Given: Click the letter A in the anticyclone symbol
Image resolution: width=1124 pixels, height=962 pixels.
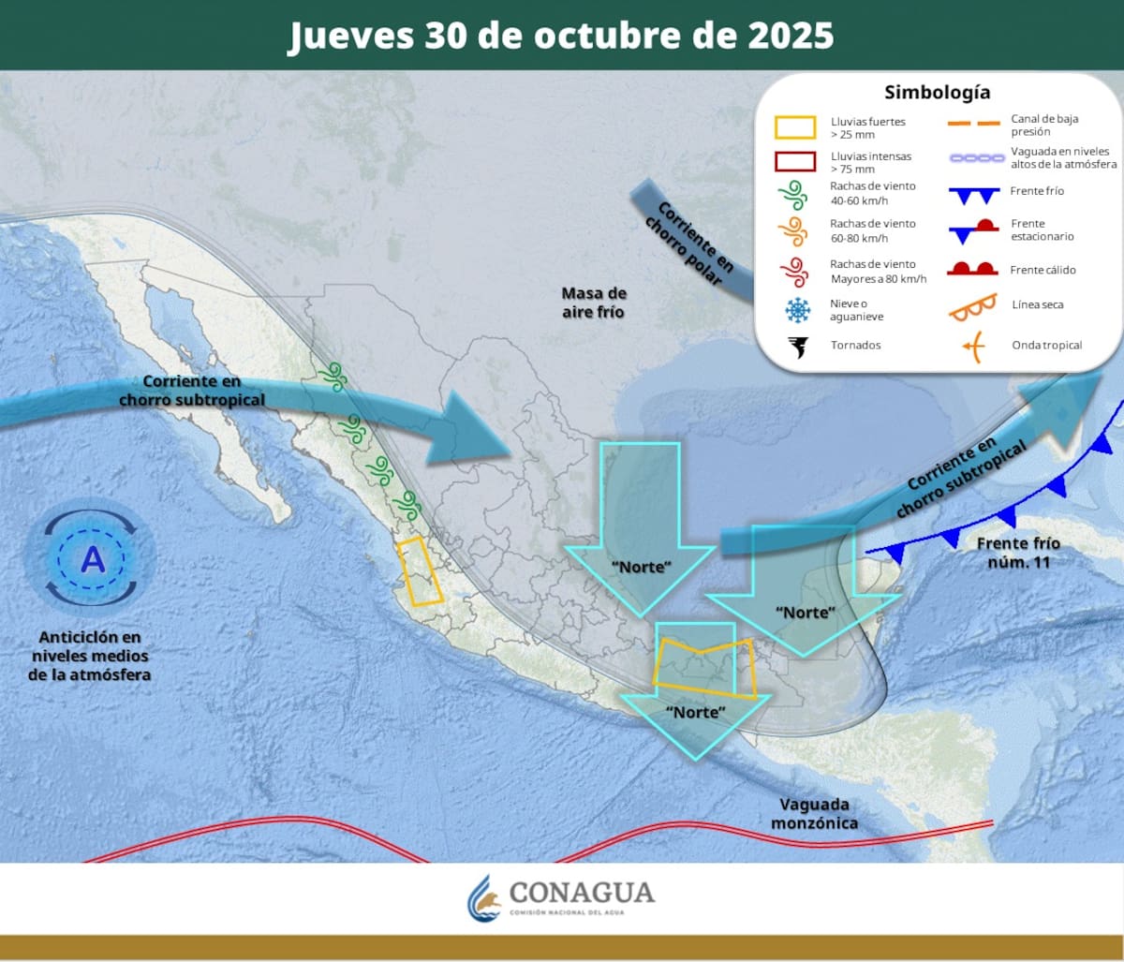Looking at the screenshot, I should click(x=92, y=559).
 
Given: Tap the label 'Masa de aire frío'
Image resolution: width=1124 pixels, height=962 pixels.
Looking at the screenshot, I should click(x=594, y=303).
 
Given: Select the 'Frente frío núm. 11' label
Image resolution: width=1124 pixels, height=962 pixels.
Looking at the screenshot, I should click(x=1018, y=552).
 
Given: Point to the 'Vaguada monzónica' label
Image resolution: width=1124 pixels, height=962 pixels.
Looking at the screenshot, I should click(x=814, y=813).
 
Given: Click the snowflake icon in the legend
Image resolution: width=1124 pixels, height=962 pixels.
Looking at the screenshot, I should click(x=798, y=310).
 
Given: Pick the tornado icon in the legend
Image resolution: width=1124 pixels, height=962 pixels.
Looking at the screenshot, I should click(x=798, y=346).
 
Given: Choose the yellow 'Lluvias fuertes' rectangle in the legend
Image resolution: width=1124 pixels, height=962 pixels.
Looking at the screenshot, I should click(x=795, y=127).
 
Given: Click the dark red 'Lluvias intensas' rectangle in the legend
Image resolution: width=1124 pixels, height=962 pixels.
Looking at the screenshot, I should click(x=795, y=161).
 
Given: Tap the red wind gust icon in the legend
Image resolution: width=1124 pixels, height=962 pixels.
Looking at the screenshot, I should click(x=794, y=272).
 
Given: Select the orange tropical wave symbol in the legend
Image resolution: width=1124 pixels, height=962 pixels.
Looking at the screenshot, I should click(x=973, y=346).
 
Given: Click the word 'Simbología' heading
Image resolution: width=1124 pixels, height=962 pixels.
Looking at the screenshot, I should click(x=937, y=93).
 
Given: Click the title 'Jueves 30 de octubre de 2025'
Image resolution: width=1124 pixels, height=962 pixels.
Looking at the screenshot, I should click(x=560, y=36).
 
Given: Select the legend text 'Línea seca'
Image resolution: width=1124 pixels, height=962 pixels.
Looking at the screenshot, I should click(x=1037, y=305).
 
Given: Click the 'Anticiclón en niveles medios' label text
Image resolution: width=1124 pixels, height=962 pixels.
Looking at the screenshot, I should click(x=90, y=656).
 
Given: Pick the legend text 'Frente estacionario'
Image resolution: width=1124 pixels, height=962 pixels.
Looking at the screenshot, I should click(x=1042, y=230).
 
